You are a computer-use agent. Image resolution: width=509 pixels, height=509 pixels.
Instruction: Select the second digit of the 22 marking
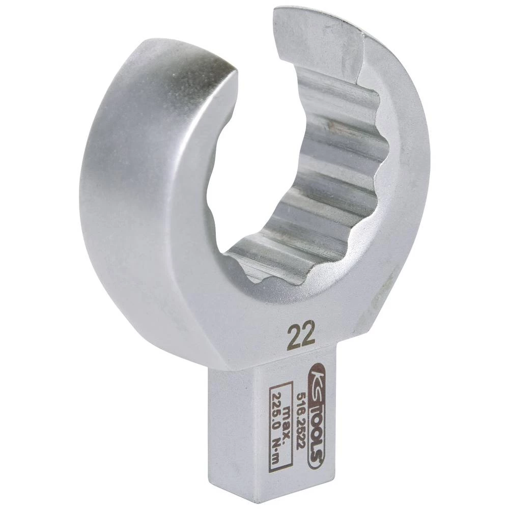tap(308, 335)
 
